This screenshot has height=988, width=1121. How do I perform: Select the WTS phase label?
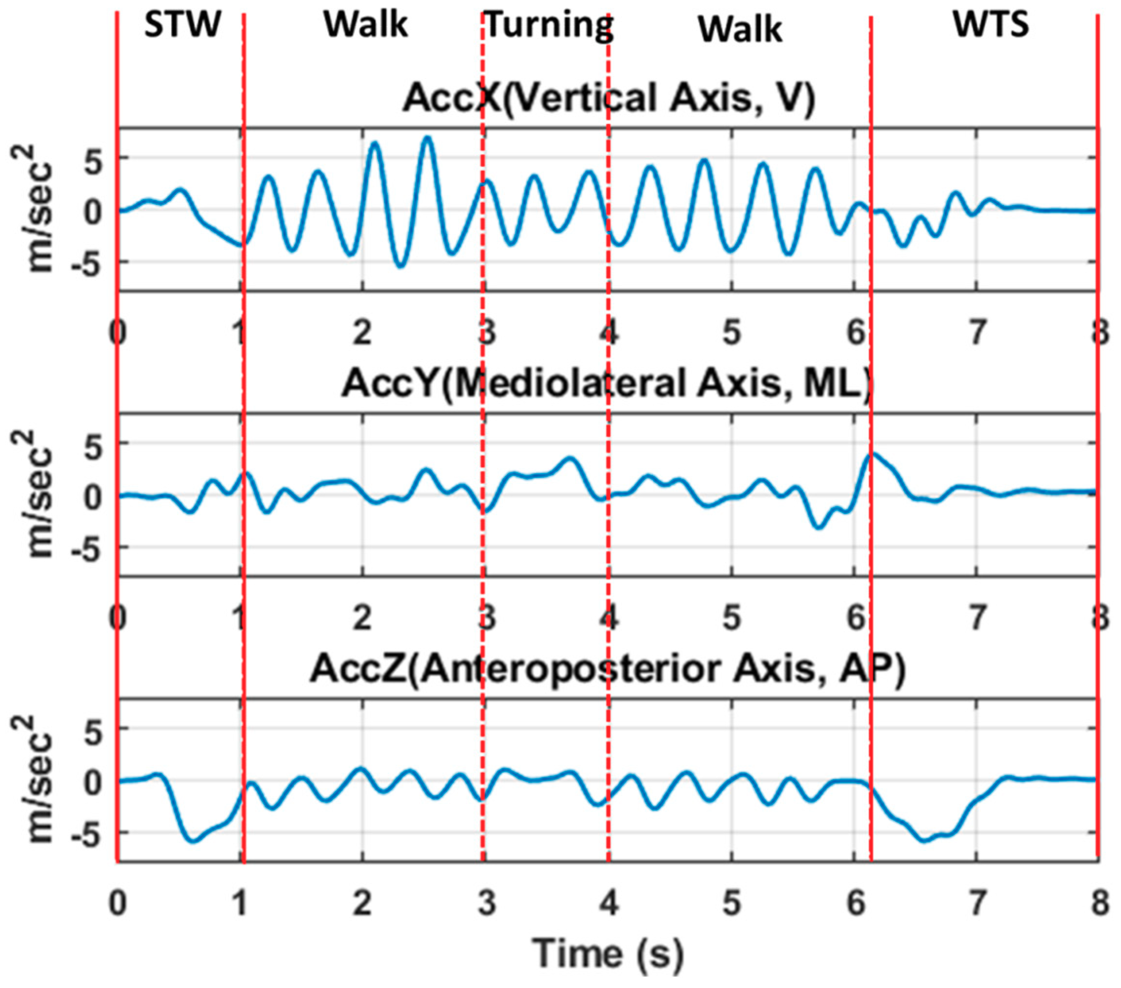(990, 25)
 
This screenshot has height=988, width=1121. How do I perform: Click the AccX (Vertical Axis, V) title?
(609, 99)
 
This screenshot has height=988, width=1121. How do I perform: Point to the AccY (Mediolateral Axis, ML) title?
(606, 383)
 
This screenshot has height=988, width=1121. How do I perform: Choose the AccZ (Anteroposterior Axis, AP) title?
(608, 669)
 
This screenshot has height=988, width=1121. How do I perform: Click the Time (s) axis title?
(609, 953)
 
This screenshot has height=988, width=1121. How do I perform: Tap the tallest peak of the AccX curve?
(428, 138)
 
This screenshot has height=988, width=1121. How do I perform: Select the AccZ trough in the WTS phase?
(924, 840)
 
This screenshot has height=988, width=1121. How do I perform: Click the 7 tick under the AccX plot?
(976, 333)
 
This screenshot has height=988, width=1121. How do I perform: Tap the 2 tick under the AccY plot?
(361, 618)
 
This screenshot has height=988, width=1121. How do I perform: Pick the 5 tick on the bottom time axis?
(731, 904)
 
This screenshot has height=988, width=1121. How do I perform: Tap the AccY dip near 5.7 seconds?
(819, 527)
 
